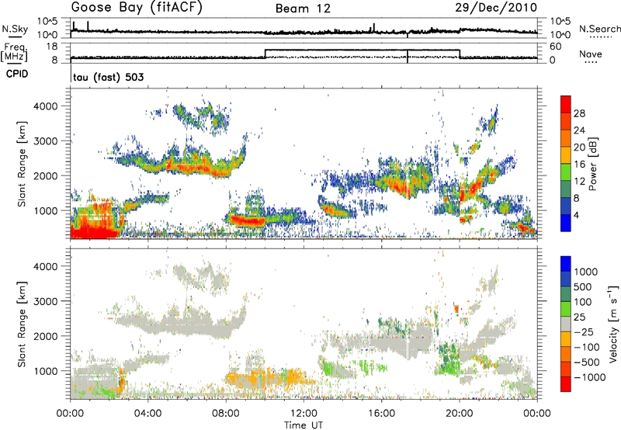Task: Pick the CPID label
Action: click(x=18, y=73)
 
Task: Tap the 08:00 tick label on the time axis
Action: click(x=226, y=411)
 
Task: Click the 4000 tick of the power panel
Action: click(x=49, y=106)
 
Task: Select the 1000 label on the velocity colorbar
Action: click(x=585, y=273)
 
